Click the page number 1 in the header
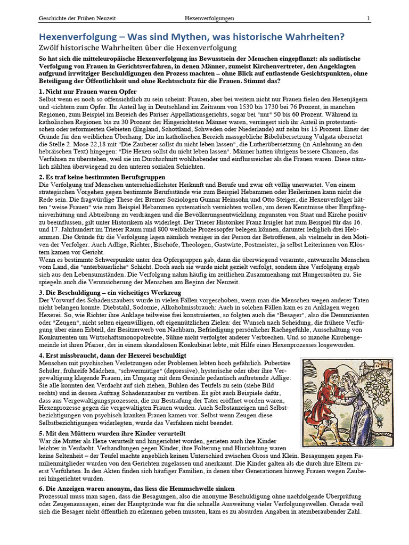pos(368,18)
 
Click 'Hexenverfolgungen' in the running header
pos(209,18)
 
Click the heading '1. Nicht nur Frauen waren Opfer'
pos(88,92)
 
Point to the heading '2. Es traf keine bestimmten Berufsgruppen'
pos(102,177)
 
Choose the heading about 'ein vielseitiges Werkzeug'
pos(110,293)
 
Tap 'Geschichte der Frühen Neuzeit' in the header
pos(77,18)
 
